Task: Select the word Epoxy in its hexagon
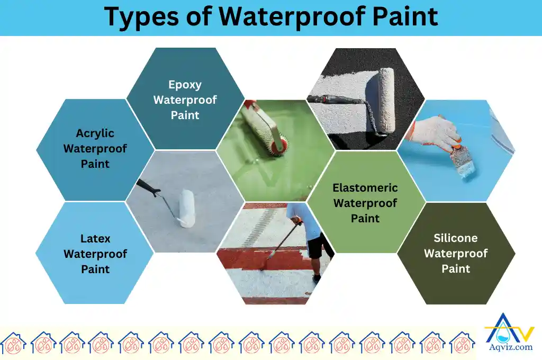point(185,84)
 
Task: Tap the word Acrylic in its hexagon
point(95,133)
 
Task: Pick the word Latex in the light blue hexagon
point(95,238)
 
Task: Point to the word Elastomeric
point(365,187)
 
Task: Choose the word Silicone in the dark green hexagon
point(456,238)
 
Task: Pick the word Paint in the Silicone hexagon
point(456,268)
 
